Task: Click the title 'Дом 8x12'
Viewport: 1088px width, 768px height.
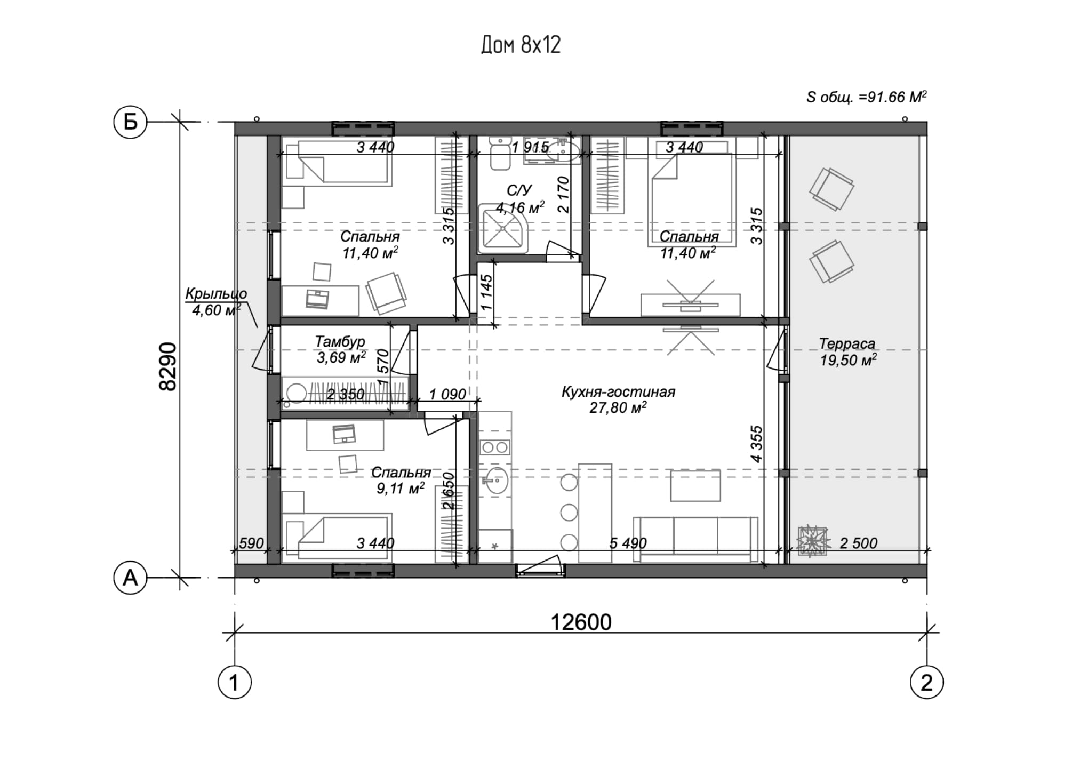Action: [521, 45]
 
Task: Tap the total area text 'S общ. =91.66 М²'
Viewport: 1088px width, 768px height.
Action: [866, 97]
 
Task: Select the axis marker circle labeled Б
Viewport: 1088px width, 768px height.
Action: [130, 122]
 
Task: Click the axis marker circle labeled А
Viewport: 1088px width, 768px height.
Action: [130, 578]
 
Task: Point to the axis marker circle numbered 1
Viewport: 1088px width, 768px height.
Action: [234, 682]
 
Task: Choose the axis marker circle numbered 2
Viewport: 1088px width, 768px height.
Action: [926, 682]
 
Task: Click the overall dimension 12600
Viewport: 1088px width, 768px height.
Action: [581, 622]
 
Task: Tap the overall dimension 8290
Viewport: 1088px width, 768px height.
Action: [168, 367]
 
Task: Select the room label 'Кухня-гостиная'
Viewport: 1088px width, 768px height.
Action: [618, 392]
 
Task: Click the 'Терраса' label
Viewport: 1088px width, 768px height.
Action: [847, 343]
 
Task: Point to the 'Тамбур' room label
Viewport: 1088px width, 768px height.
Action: [340, 341]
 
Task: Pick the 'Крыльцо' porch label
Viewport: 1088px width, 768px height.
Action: [216, 294]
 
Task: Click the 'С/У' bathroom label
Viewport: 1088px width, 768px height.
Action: [519, 191]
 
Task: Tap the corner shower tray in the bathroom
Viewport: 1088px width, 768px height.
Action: [503, 228]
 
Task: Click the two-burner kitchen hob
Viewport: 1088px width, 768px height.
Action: [495, 447]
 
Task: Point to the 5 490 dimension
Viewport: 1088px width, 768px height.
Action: [628, 543]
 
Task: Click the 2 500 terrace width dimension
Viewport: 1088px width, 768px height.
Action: [858, 543]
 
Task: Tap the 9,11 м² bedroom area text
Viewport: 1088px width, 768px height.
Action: [401, 488]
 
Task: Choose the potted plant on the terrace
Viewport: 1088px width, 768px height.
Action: [813, 542]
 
